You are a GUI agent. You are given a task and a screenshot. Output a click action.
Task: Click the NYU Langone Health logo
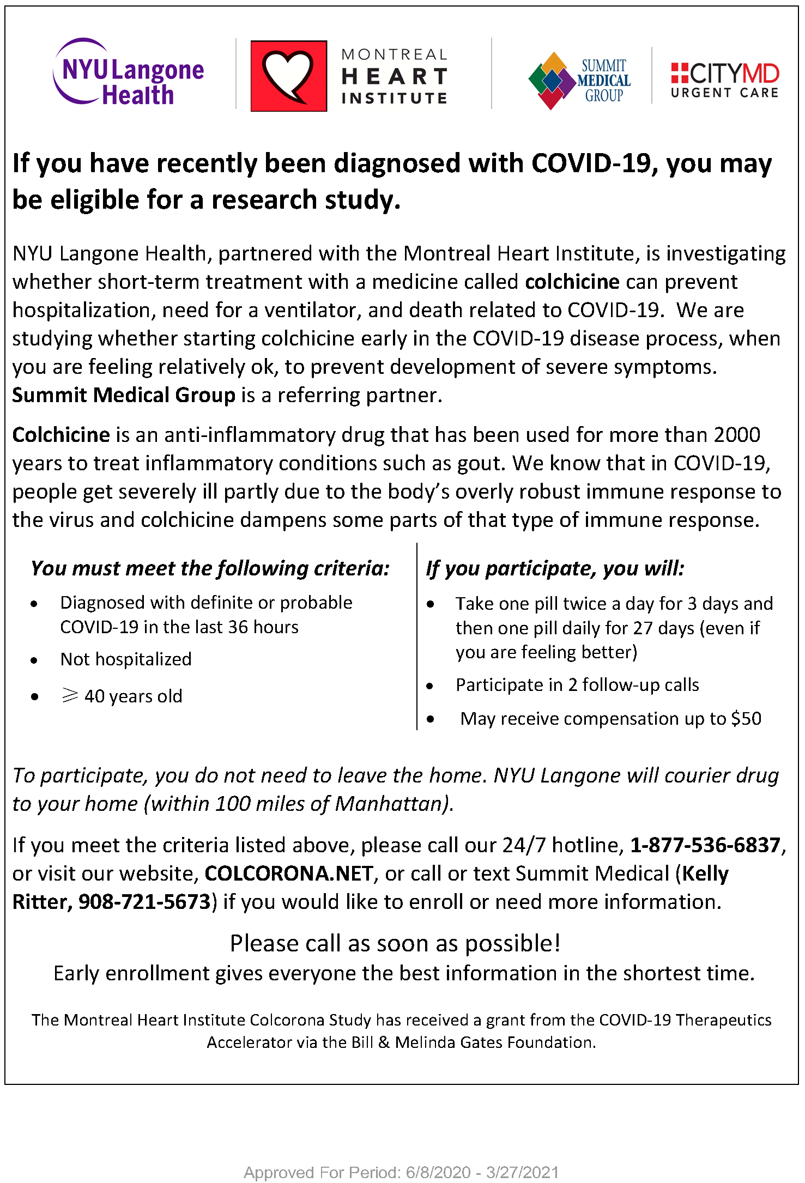click(129, 72)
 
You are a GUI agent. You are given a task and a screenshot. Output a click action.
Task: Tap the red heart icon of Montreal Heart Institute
click(288, 76)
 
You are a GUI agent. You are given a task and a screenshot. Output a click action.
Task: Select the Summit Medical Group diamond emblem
click(552, 81)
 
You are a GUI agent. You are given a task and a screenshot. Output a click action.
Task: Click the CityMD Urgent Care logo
click(724, 81)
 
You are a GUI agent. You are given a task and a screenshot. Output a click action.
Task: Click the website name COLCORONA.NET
click(289, 873)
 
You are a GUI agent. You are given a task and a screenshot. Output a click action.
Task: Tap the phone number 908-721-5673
click(144, 902)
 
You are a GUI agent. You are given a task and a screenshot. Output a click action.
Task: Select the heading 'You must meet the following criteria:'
click(210, 568)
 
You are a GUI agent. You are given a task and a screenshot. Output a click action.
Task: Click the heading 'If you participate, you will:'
click(555, 568)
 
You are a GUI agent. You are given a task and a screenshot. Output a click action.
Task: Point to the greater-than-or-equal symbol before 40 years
click(70, 695)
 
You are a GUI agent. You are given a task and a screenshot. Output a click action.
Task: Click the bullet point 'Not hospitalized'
click(126, 659)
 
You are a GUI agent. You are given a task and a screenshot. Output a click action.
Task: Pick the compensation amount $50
click(746, 719)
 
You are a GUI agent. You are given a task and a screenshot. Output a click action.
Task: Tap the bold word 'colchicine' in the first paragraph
click(572, 282)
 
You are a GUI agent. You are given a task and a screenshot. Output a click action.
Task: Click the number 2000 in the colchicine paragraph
click(737, 435)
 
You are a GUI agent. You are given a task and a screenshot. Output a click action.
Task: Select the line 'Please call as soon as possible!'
click(395, 943)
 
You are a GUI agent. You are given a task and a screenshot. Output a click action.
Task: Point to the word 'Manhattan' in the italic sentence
click(391, 804)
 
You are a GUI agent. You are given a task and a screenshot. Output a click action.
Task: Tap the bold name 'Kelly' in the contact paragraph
click(705, 873)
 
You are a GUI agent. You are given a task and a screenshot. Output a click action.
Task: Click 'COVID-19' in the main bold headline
click(591, 163)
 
